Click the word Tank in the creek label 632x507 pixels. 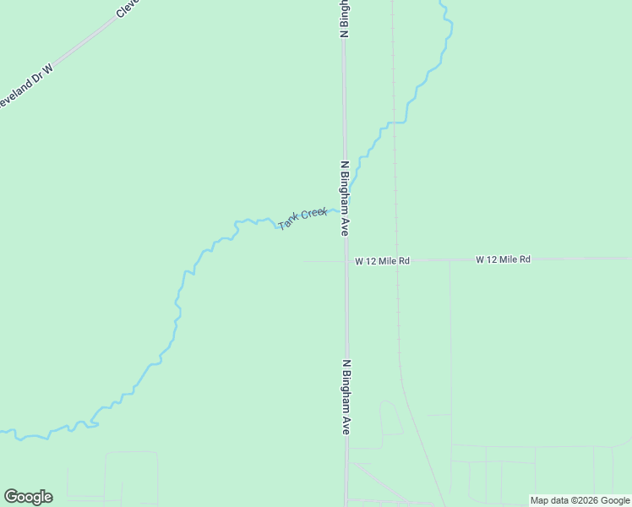tap(288, 221)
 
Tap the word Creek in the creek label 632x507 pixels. tap(313, 213)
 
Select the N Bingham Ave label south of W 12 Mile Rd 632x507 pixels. tap(346, 397)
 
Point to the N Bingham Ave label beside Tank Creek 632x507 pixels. tap(345, 198)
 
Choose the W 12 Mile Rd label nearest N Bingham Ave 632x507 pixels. tap(382, 262)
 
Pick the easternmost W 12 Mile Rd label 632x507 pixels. tap(503, 259)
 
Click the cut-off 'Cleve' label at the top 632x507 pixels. tap(127, 9)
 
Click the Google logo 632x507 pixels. tap(28, 497)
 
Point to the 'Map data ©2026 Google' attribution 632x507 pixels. tap(580, 500)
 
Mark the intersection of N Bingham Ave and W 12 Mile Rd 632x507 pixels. tap(346, 261)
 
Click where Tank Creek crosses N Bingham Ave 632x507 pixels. tap(344, 209)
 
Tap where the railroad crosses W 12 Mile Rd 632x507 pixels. tap(396, 260)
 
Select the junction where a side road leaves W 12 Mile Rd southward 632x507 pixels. tap(449, 260)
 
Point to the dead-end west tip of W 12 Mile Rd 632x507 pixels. tap(306, 261)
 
